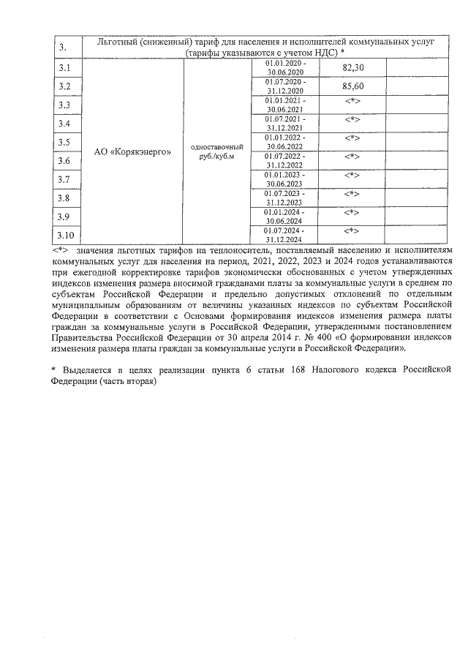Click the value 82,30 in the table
coord(353,67)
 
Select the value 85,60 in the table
coord(353,86)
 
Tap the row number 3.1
coord(64,68)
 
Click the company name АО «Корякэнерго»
coord(133,151)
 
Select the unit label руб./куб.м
coord(216,157)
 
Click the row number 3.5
coord(64,142)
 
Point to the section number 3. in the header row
coord(63,48)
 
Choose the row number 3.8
coord(64,198)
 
